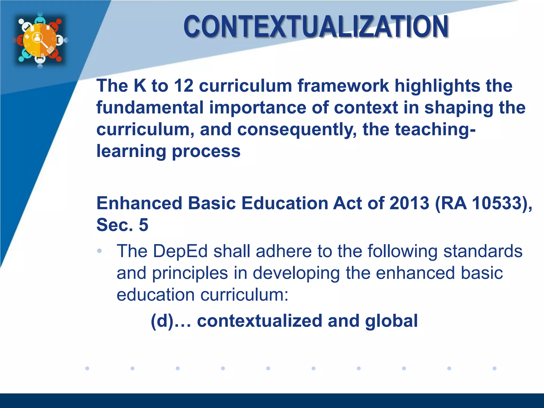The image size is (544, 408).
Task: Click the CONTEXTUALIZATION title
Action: (x=316, y=27)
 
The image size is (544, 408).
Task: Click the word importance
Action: (x=257, y=108)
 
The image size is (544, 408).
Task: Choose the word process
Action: (x=206, y=152)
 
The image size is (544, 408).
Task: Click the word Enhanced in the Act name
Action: (x=139, y=203)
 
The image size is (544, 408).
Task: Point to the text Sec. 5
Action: (x=122, y=225)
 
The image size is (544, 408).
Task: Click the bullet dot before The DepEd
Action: (x=99, y=251)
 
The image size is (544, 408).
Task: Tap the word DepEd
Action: (x=180, y=251)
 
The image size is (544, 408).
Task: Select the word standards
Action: (x=483, y=251)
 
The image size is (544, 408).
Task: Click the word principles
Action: (x=190, y=273)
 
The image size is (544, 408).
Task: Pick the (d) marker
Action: (x=162, y=321)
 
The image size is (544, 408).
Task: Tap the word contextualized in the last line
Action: (x=260, y=321)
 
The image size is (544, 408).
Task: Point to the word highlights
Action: (x=437, y=86)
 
